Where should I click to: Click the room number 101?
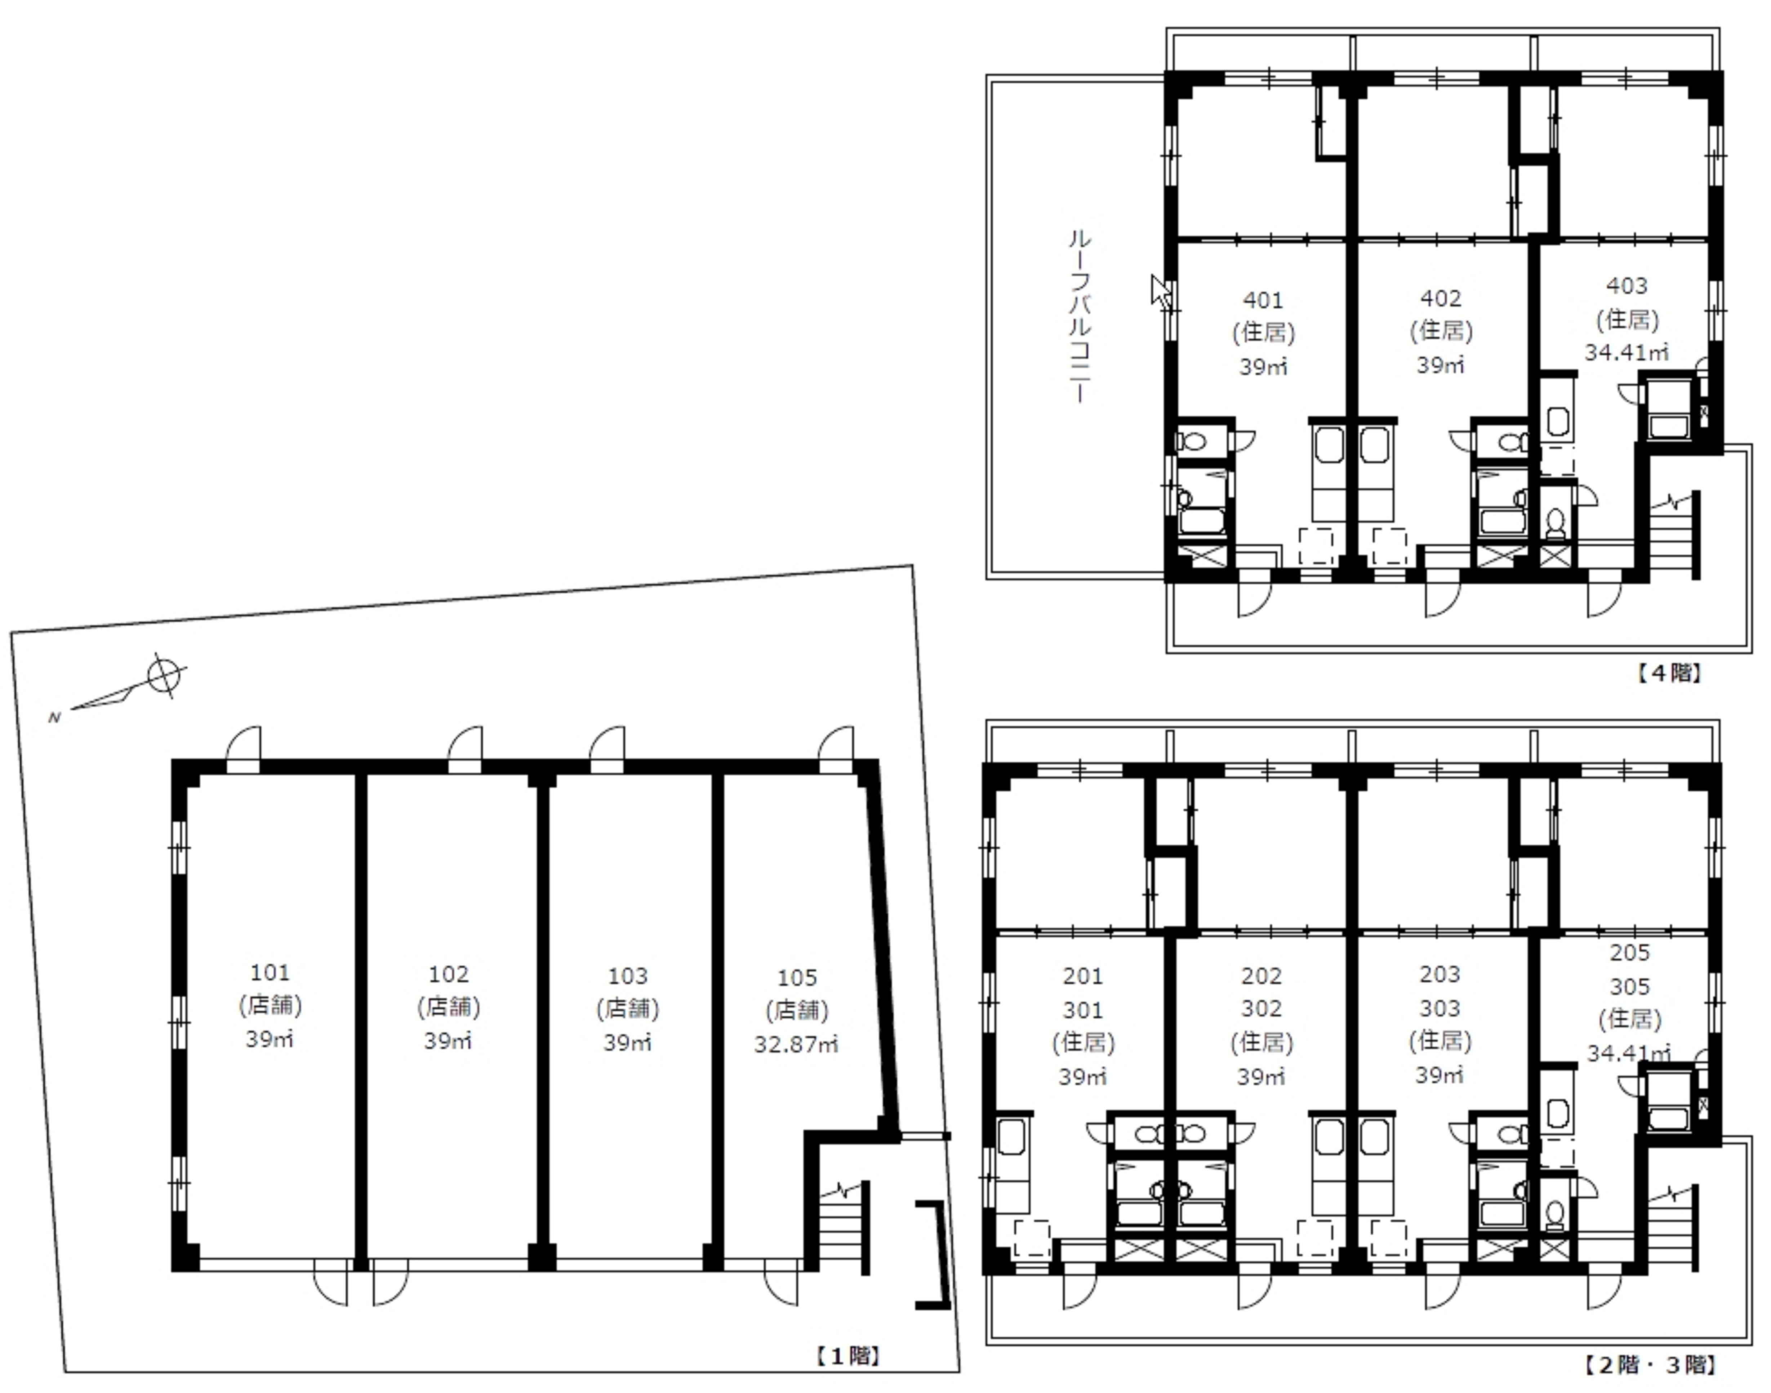[270, 972]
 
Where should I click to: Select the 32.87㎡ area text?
[796, 1044]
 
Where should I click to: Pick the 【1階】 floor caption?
[848, 1356]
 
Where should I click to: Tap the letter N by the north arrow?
[55, 718]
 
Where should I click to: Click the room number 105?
[797, 977]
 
